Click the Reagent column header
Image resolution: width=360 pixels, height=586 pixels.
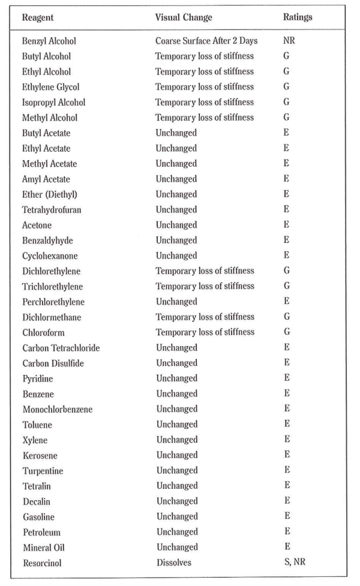tap(39, 17)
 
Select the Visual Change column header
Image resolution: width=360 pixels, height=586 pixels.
tap(184, 17)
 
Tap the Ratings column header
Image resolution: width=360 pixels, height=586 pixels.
tap(298, 17)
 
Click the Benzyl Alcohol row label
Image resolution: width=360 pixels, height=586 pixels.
tap(49, 41)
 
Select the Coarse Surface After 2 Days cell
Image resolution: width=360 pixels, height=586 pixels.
tap(206, 41)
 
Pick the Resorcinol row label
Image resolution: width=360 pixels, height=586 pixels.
tap(42, 563)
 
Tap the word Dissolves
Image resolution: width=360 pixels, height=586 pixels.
tap(173, 563)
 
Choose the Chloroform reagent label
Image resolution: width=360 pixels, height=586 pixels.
tap(43, 332)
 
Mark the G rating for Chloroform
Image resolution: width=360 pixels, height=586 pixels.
tap(286, 332)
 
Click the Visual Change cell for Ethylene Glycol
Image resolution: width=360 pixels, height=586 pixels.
tap(205, 87)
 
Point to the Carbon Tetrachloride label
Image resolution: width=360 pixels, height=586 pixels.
tap(61, 348)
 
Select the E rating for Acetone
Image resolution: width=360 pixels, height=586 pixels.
tap(286, 225)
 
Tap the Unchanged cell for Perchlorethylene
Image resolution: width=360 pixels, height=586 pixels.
tap(176, 302)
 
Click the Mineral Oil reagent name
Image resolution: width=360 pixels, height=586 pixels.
tap(44, 547)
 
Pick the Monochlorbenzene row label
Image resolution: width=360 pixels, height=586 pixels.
tap(58, 409)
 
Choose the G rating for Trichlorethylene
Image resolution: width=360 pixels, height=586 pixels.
tap(286, 286)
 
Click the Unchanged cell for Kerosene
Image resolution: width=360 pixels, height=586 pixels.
tap(176, 455)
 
